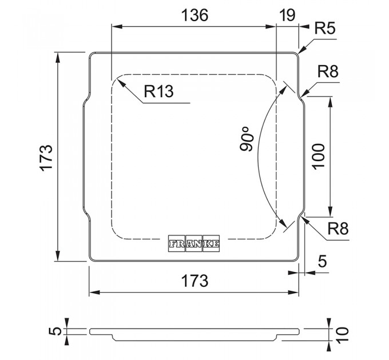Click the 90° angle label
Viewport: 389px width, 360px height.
point(247,139)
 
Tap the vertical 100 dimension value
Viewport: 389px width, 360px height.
point(319,155)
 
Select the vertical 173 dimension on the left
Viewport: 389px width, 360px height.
point(47,157)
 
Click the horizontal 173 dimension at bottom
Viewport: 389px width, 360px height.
point(194,281)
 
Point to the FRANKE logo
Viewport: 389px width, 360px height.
point(194,243)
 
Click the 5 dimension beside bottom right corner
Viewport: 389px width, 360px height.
point(322,262)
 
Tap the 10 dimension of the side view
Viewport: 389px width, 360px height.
point(343,332)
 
